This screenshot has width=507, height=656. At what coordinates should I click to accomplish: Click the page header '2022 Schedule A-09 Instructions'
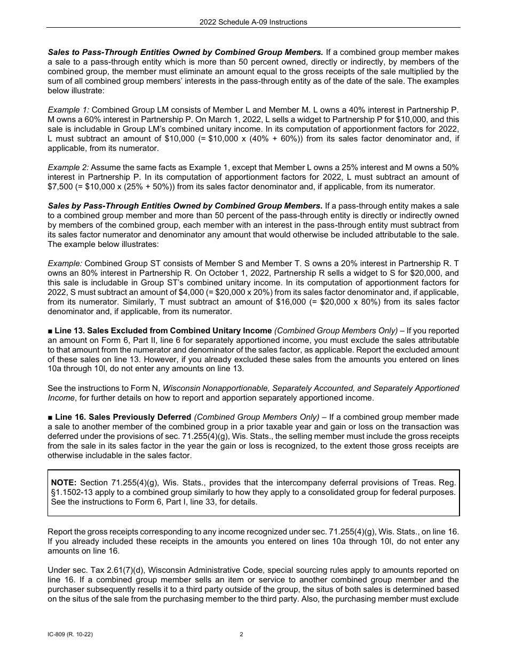tap(253, 22)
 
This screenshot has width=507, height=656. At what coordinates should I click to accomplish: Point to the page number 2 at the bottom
tap(241, 635)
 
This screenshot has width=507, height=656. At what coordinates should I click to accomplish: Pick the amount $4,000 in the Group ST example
tap(171, 292)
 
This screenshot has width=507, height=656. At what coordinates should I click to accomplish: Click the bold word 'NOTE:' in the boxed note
tap(64, 483)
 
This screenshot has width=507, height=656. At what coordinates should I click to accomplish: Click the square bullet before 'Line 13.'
tap(50, 331)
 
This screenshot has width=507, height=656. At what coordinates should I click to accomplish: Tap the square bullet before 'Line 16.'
tap(50, 417)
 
